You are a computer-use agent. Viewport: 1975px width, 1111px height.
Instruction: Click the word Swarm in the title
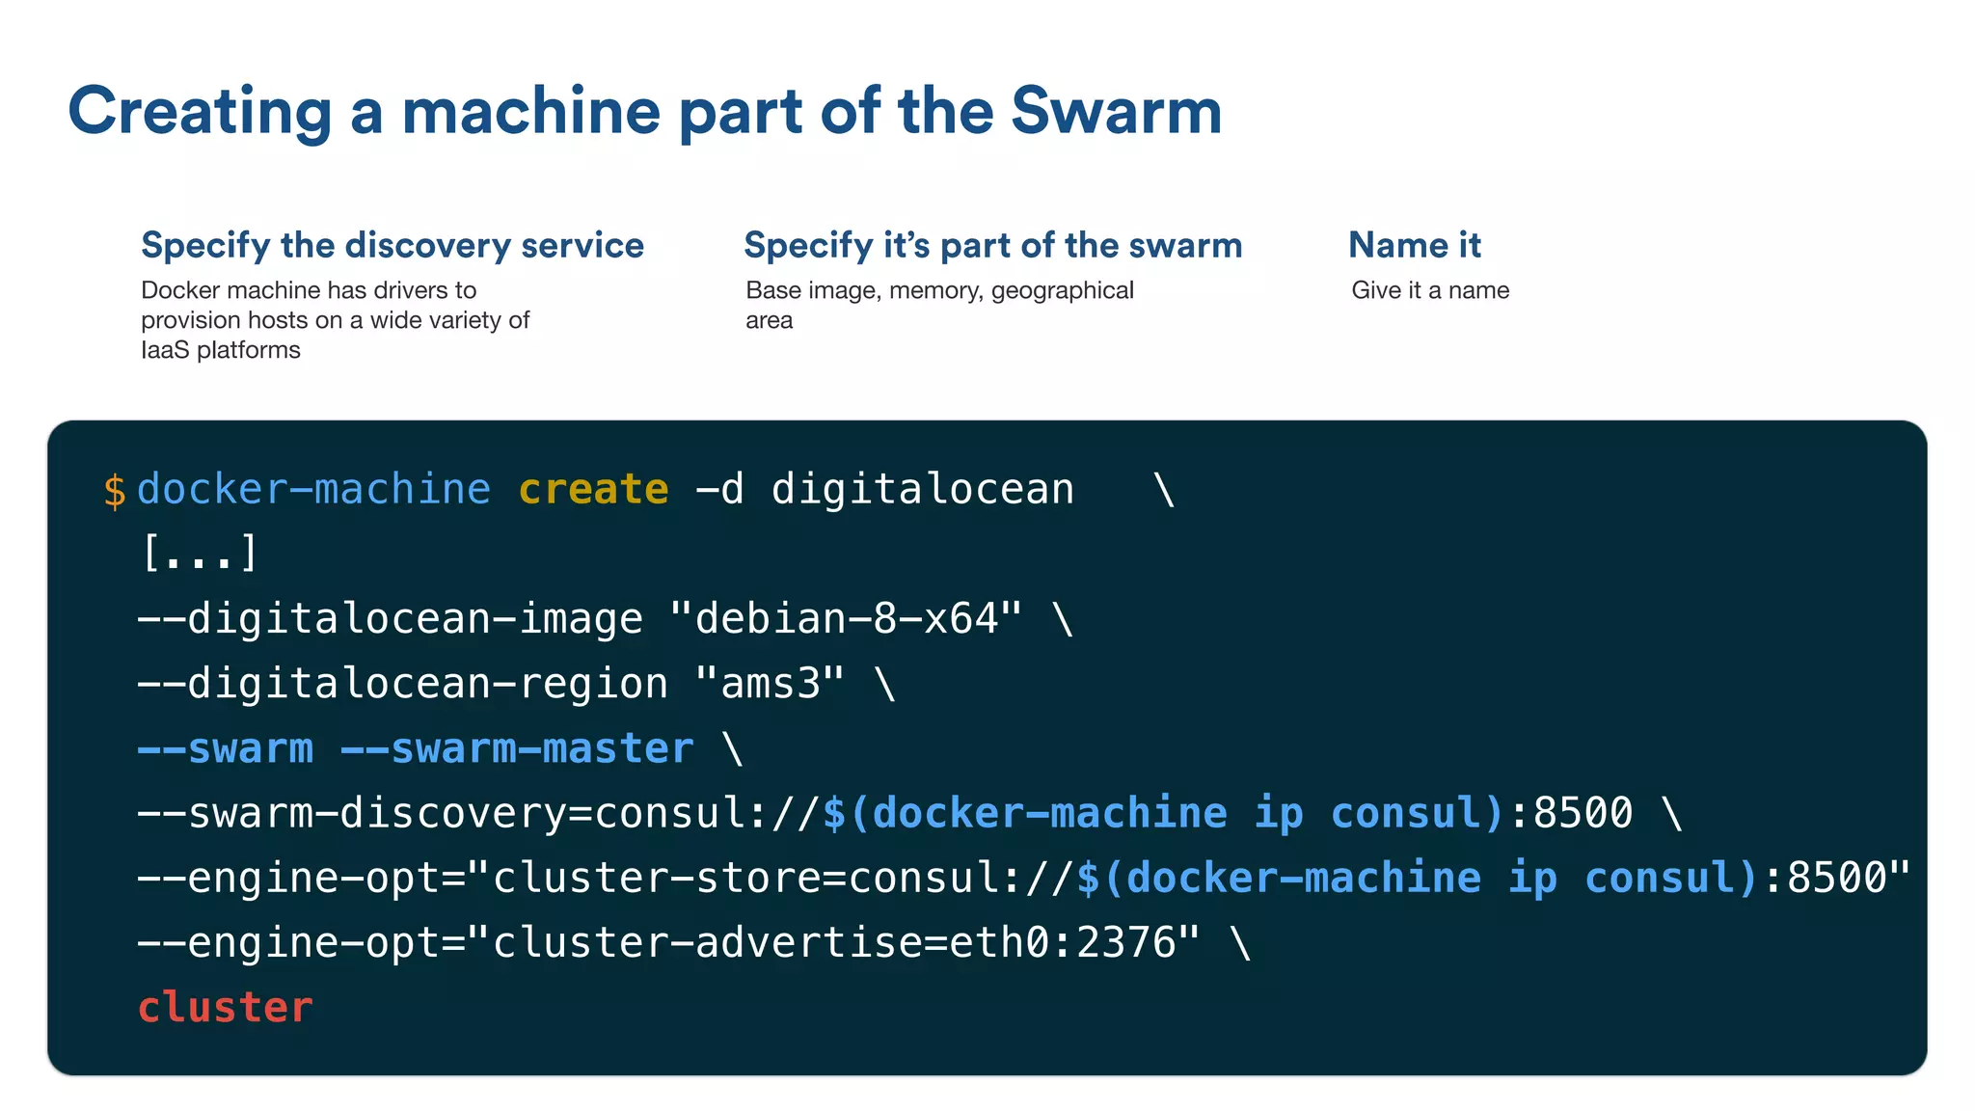[1116, 111]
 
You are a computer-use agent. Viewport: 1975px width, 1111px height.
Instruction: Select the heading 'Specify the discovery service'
[392, 245]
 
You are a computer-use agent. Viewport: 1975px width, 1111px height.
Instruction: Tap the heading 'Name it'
[1414, 245]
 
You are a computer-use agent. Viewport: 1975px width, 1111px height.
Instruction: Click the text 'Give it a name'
[1430, 290]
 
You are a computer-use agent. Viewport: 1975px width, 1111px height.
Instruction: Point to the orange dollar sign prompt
[114, 490]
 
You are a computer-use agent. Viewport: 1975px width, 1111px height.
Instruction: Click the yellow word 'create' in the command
[593, 489]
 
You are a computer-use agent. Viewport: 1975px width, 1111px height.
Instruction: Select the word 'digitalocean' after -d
[922, 489]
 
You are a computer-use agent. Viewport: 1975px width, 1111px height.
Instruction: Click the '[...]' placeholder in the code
[200, 554]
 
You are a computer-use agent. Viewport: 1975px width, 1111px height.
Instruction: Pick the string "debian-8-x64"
[845, 618]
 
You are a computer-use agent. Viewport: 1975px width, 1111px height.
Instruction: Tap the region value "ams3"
[770, 684]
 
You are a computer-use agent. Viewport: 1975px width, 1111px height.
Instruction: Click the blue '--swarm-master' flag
[517, 748]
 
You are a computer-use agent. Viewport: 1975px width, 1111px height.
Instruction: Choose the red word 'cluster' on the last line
[225, 1007]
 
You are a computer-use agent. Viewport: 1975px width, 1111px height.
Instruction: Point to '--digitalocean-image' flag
[390, 618]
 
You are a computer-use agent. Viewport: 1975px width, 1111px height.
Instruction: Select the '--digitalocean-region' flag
[402, 684]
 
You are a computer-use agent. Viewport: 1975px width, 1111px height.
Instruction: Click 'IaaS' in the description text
[165, 350]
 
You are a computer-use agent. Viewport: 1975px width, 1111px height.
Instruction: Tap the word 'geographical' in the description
[1062, 290]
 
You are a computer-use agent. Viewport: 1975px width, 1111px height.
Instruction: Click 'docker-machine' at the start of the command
[313, 489]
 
